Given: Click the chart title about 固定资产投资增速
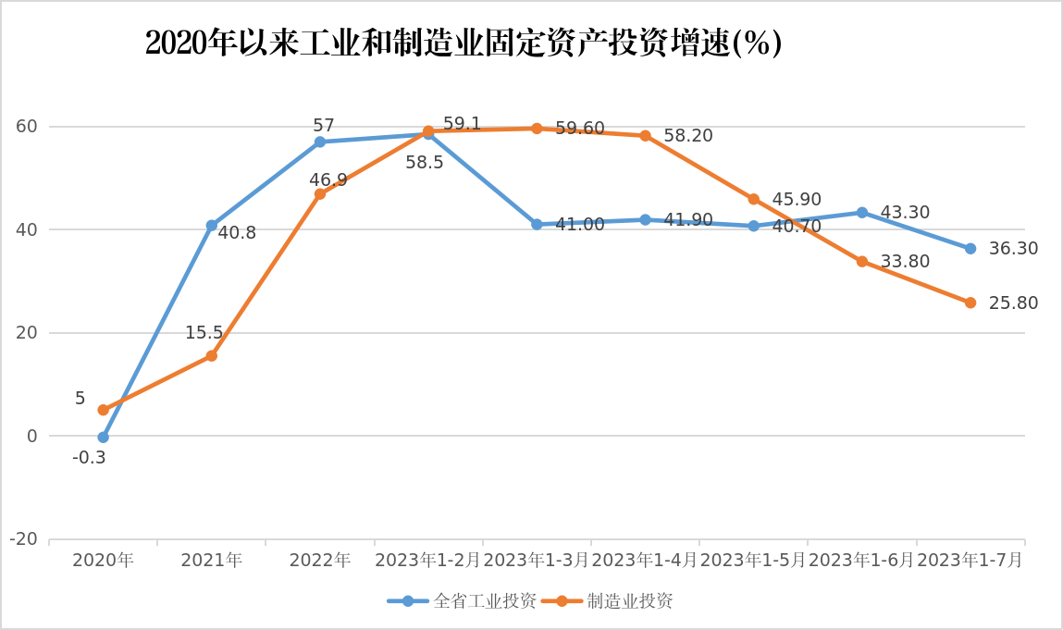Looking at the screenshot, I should (x=464, y=43).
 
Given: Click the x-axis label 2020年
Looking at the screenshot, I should (x=103, y=560).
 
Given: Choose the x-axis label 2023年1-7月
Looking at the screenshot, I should (x=970, y=560).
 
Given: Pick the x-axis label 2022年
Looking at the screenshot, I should (x=320, y=560).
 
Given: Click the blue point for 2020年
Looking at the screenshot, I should (x=103, y=438).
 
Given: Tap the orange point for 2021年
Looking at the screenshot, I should (x=212, y=355).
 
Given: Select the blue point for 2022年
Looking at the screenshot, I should (x=320, y=142).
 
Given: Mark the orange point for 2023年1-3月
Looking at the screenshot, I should (x=537, y=129).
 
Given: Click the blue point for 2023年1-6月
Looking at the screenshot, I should (x=862, y=213).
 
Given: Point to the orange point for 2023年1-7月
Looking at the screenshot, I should (x=970, y=303).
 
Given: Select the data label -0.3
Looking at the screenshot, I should (x=89, y=457).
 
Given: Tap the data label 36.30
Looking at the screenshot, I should (x=1013, y=249).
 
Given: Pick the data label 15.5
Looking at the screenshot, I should (x=204, y=333).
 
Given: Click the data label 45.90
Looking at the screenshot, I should (x=797, y=200).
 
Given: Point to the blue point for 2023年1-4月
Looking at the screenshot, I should (x=645, y=219).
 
